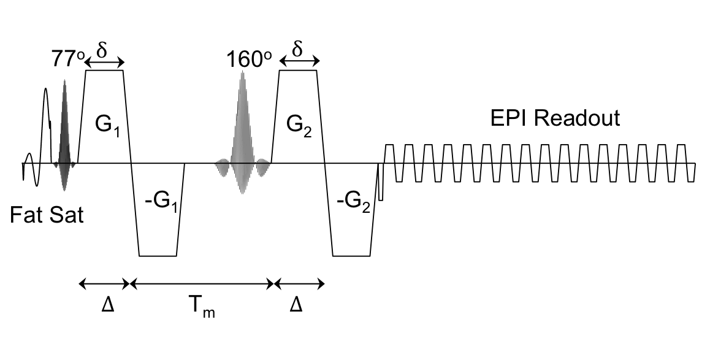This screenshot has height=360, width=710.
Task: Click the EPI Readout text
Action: (555, 118)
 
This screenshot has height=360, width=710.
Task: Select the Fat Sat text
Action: (47, 215)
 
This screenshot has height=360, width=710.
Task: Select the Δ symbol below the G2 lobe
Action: (296, 304)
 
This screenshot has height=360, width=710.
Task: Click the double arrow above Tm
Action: (203, 283)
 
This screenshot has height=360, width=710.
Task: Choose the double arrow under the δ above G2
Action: (299, 61)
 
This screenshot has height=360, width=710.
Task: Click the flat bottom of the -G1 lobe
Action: (158, 255)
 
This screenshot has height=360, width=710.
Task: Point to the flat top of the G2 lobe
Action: (298, 71)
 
